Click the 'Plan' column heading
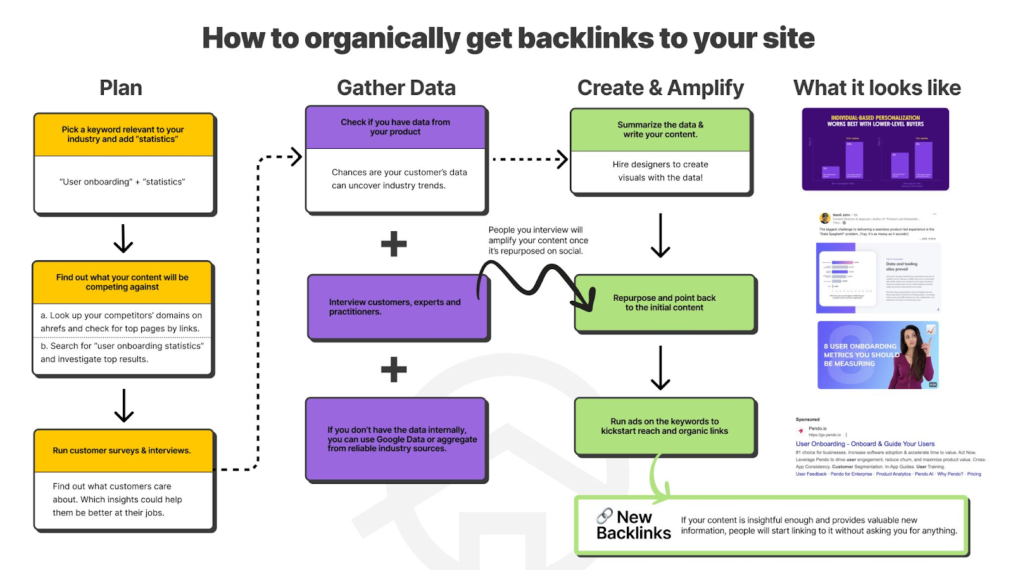click(x=120, y=88)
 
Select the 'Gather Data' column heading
click(x=396, y=88)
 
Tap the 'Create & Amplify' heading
click(x=660, y=88)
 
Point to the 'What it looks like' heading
click(x=877, y=88)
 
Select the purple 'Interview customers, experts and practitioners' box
click(x=397, y=307)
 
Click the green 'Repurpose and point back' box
click(x=665, y=303)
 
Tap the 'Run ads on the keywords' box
click(x=665, y=426)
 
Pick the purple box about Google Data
click(x=397, y=440)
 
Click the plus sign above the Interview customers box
click(x=394, y=244)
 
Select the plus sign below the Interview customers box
click(x=394, y=369)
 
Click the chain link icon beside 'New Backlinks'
click(x=605, y=516)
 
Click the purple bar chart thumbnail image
click(x=875, y=149)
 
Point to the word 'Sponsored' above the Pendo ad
click(x=807, y=419)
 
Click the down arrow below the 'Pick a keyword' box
click(x=123, y=239)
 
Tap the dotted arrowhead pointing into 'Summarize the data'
click(x=562, y=159)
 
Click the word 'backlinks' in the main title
click(x=578, y=39)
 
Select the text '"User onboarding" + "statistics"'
click(x=122, y=182)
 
